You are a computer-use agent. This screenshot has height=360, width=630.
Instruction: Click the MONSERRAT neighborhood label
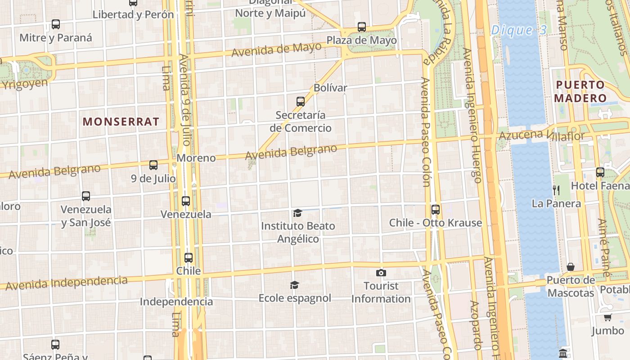pos(121,121)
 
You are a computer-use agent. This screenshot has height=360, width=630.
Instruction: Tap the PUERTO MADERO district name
pos(580,91)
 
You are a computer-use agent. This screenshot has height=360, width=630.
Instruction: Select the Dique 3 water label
pos(518,31)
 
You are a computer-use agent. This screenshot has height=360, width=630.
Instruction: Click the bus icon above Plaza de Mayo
pos(362,27)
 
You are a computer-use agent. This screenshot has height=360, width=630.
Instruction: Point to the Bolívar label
pos(330,88)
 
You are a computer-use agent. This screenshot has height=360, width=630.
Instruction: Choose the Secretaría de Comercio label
pos(301,121)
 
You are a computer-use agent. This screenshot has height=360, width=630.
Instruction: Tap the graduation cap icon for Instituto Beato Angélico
pos(297,212)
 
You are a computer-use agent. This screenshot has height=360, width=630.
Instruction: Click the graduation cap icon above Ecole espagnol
pos(294,285)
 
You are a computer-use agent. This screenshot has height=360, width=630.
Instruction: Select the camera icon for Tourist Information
pos(381,273)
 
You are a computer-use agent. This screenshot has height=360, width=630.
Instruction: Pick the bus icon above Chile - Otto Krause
pos(435,209)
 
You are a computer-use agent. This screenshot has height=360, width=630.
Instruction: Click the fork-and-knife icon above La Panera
pos(556,190)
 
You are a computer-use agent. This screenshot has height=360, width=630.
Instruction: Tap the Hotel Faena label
pos(599,186)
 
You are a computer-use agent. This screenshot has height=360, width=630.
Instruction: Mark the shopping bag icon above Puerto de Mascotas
pos(570,267)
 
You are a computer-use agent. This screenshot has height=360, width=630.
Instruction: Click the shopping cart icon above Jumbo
pos(607,317)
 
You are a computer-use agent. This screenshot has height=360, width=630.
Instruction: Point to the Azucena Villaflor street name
pos(542,135)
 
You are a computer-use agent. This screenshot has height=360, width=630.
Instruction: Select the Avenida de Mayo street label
pos(277,49)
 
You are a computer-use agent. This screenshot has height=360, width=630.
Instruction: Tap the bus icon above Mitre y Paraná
pos(56,24)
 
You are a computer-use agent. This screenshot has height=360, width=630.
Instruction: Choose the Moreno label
pos(196,158)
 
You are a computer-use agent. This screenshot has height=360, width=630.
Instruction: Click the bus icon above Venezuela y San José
pos(86,196)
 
